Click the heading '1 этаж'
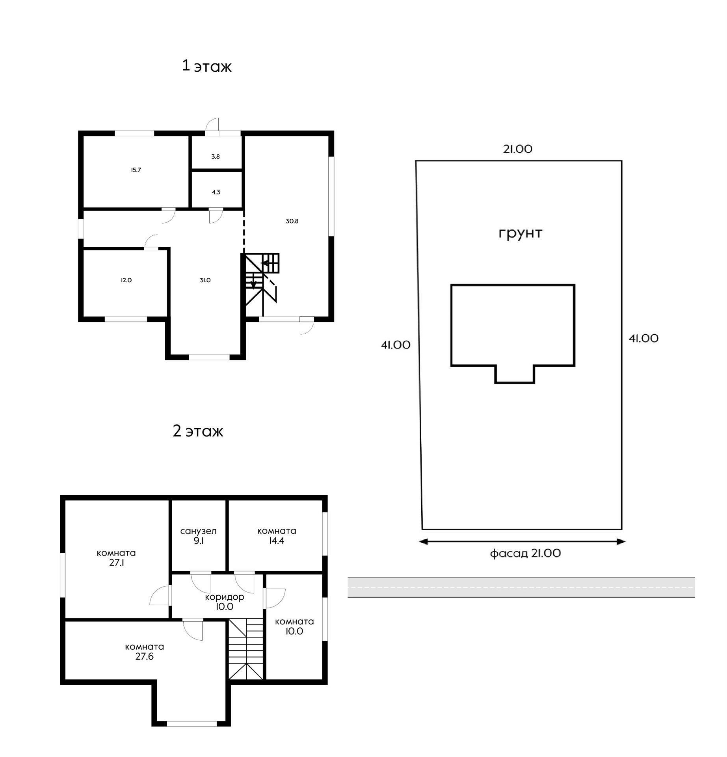[x=206, y=66]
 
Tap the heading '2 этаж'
[x=198, y=431]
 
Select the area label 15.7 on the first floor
[x=136, y=170]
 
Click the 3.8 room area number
[x=216, y=157]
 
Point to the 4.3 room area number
[x=216, y=192]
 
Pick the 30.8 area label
[x=292, y=221]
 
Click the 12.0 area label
[x=126, y=280]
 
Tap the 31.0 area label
[x=205, y=280]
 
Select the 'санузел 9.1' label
[x=198, y=536]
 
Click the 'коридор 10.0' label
[x=225, y=602]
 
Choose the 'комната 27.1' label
[x=116, y=558]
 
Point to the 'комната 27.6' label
[x=144, y=652]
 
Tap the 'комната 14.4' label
[x=277, y=536]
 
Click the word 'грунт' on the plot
[x=520, y=233]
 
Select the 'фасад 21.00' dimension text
[x=525, y=553]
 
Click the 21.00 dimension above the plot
[x=518, y=149]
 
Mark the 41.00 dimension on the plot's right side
[x=643, y=338]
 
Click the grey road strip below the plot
[x=521, y=587]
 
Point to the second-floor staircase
[x=246, y=649]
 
